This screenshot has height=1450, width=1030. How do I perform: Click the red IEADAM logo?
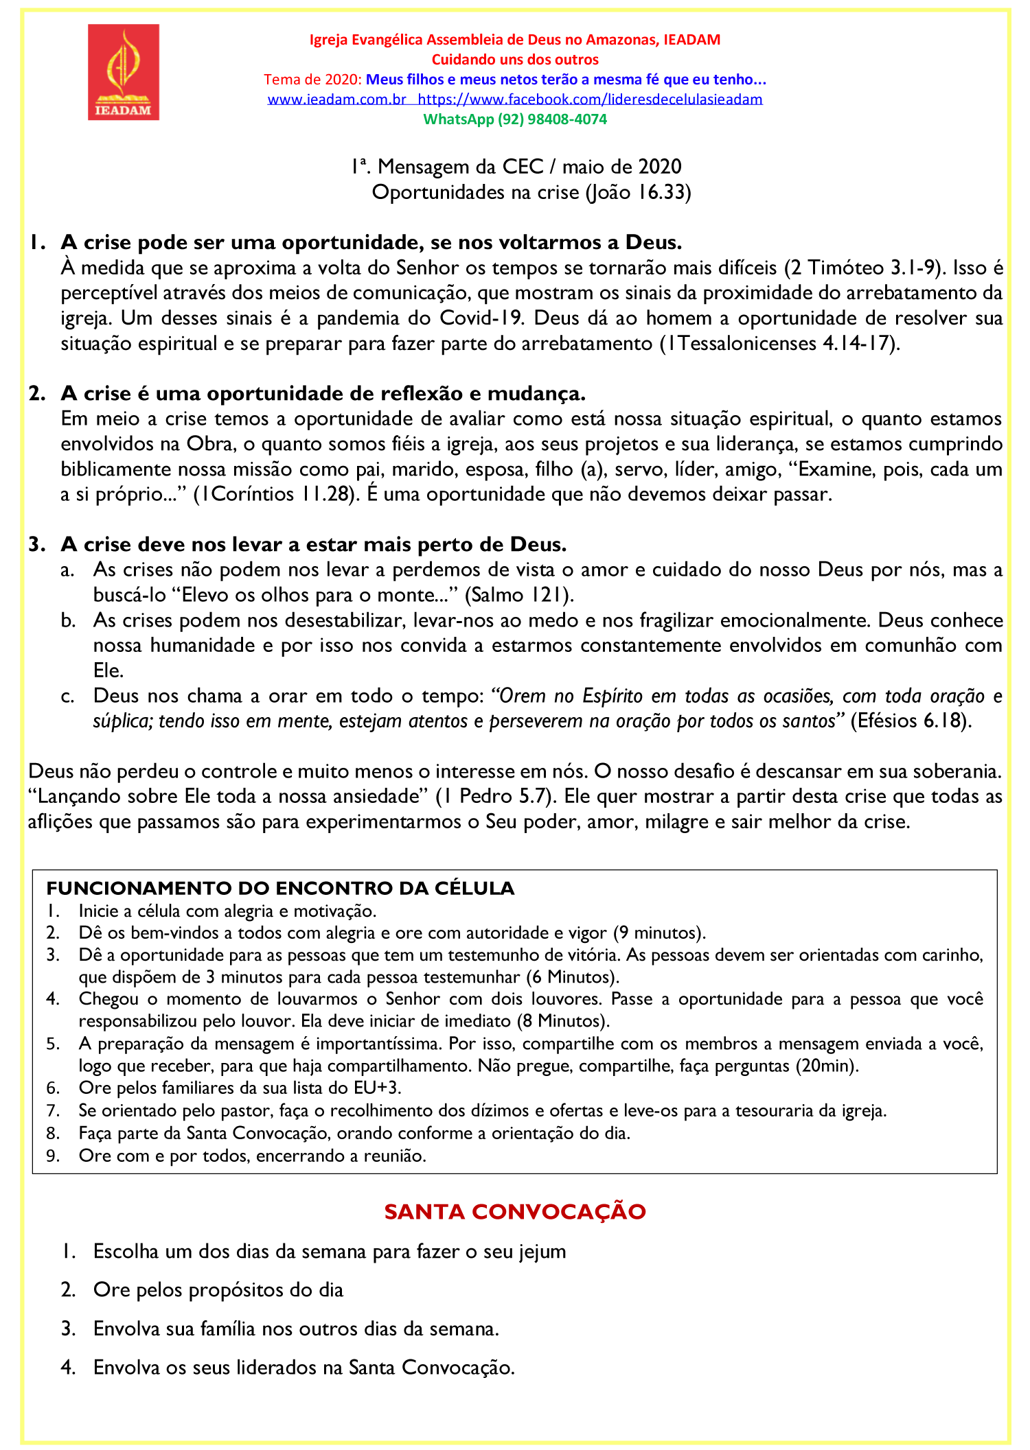pyautogui.click(x=124, y=72)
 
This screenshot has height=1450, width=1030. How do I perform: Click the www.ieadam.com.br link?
pyautogui.click(x=336, y=99)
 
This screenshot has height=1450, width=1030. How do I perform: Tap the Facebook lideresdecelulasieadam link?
pyautogui.click(x=590, y=99)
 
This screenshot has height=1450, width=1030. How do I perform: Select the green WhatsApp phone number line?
pyautogui.click(x=515, y=119)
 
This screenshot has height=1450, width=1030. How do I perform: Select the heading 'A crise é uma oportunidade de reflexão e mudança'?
pyautogui.click(x=323, y=393)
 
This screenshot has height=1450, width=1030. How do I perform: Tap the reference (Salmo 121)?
pyautogui.click(x=519, y=595)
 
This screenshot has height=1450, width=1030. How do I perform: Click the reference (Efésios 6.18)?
pyautogui.click(x=911, y=721)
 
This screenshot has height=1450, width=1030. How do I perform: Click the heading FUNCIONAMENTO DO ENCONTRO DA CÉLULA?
pyautogui.click(x=280, y=888)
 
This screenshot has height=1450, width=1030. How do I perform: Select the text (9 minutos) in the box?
pyautogui.click(x=659, y=933)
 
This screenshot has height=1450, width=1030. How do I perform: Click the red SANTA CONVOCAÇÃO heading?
pyautogui.click(x=515, y=1212)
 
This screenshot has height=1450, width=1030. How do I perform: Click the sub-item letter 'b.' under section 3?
pyautogui.click(x=67, y=620)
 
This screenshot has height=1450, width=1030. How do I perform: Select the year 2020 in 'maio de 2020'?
pyautogui.click(x=660, y=167)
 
